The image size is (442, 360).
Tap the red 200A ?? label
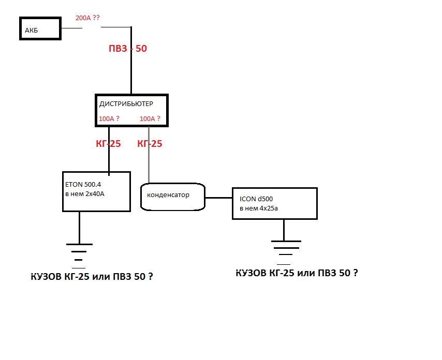coord(87,18)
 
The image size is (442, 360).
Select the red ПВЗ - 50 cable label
coord(127,49)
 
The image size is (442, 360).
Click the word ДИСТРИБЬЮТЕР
coord(126,104)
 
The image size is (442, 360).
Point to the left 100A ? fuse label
coord(109,119)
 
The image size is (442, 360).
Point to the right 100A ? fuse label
coord(150,119)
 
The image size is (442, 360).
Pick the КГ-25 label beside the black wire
coord(108,144)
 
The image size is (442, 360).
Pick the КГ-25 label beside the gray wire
coord(150,144)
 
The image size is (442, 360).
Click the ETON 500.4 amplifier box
coord(96,191)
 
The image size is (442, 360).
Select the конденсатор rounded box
coord(173,196)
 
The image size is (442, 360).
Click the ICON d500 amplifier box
coord(274,203)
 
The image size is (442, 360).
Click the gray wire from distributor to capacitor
coord(149,166)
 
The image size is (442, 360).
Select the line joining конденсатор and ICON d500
coord(219,198)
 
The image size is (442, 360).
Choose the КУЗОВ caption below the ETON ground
coord(92,277)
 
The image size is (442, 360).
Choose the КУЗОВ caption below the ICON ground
coord(296,273)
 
